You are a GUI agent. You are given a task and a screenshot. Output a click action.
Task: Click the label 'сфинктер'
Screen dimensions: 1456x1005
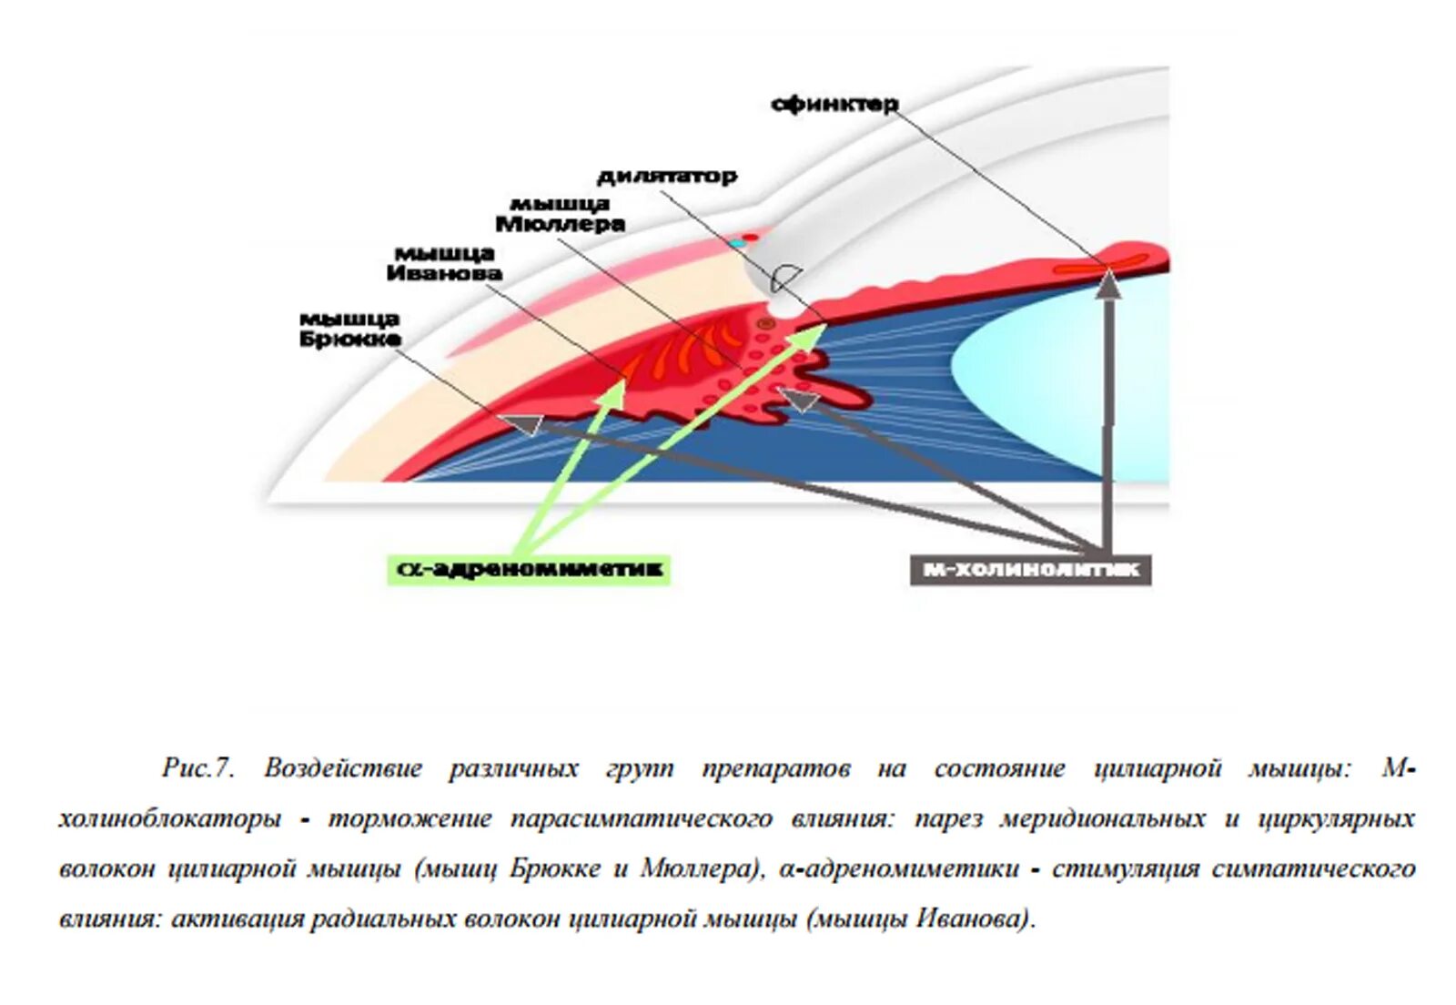834,105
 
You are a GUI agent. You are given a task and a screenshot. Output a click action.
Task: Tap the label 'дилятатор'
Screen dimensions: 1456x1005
667,177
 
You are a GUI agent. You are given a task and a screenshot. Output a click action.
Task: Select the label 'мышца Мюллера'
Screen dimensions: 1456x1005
560,214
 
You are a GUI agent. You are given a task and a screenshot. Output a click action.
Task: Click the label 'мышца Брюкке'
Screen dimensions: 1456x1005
349,329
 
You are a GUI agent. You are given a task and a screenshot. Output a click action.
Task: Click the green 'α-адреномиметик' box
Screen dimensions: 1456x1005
528,570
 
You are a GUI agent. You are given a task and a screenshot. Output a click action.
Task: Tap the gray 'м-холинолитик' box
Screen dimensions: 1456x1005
1030,570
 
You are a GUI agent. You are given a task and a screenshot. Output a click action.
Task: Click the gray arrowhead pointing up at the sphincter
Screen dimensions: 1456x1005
1107,284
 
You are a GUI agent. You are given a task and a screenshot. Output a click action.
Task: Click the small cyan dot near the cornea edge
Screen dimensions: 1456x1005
735,245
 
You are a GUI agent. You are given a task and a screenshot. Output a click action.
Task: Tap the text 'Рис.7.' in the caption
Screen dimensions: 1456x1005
198,767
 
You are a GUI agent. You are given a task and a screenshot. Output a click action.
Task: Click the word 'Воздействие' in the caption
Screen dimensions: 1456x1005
343,767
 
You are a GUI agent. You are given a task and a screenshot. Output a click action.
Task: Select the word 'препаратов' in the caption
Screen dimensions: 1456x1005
775,769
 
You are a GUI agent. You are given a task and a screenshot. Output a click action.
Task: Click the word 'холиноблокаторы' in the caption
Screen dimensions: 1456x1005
169,819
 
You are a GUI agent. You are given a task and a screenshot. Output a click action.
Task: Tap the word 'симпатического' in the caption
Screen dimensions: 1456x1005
1313,868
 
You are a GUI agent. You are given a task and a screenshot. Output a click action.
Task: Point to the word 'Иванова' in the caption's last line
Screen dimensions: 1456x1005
971,919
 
